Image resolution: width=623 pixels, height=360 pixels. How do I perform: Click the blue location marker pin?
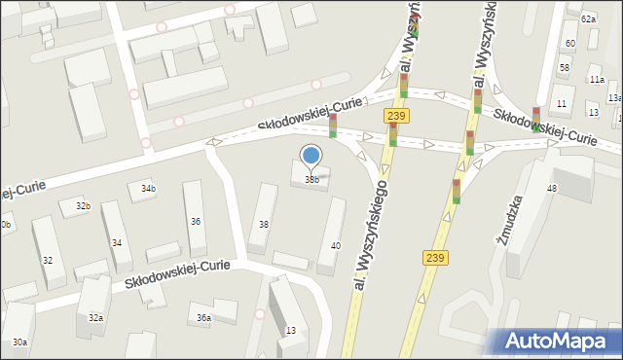[x=311, y=155]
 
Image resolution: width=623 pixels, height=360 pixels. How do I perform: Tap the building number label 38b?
[x=311, y=179]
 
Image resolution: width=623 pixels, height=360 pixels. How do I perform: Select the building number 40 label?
[x=336, y=245]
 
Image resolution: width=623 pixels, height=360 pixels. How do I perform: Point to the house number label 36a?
[x=203, y=318]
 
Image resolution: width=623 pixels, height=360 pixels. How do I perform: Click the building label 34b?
[x=147, y=188]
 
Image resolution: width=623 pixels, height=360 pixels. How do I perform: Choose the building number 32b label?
[x=83, y=206]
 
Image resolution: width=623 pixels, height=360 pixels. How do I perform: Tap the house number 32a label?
[x=96, y=318]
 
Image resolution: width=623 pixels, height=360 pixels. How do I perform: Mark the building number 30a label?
[x=19, y=342]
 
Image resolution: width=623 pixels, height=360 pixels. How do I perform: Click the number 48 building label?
[x=552, y=188]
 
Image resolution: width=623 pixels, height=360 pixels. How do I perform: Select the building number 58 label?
[x=565, y=67]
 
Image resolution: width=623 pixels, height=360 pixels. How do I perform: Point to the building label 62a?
[x=588, y=19]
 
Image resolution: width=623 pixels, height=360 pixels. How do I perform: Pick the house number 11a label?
[x=596, y=80]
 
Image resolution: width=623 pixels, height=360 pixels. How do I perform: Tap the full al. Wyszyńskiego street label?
[x=372, y=234]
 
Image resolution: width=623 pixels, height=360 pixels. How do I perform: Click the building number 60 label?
[x=569, y=44]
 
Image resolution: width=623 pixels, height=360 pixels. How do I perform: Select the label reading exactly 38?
[x=263, y=225]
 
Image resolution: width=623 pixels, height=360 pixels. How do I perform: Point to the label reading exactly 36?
[x=196, y=222]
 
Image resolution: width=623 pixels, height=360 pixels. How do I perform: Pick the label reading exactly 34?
[x=116, y=242]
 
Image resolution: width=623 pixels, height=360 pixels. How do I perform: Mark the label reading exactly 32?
[x=47, y=260]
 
